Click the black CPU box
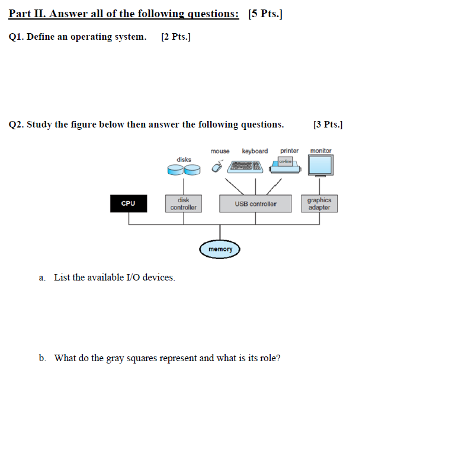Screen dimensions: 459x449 [128, 203]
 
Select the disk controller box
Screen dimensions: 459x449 [183, 204]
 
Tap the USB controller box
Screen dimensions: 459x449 [255, 204]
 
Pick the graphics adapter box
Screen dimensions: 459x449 [319, 204]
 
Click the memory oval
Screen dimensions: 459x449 [220, 249]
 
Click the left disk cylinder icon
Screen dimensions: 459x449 [175, 171]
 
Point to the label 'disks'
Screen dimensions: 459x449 [184, 160]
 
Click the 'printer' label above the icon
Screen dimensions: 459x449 [289, 151]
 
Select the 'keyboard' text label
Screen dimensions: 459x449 [255, 151]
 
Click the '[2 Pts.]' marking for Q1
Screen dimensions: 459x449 [175, 37]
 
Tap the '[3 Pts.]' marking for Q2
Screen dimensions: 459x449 [328, 125]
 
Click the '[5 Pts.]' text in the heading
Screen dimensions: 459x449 [265, 14]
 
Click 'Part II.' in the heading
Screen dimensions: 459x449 [26, 14]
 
